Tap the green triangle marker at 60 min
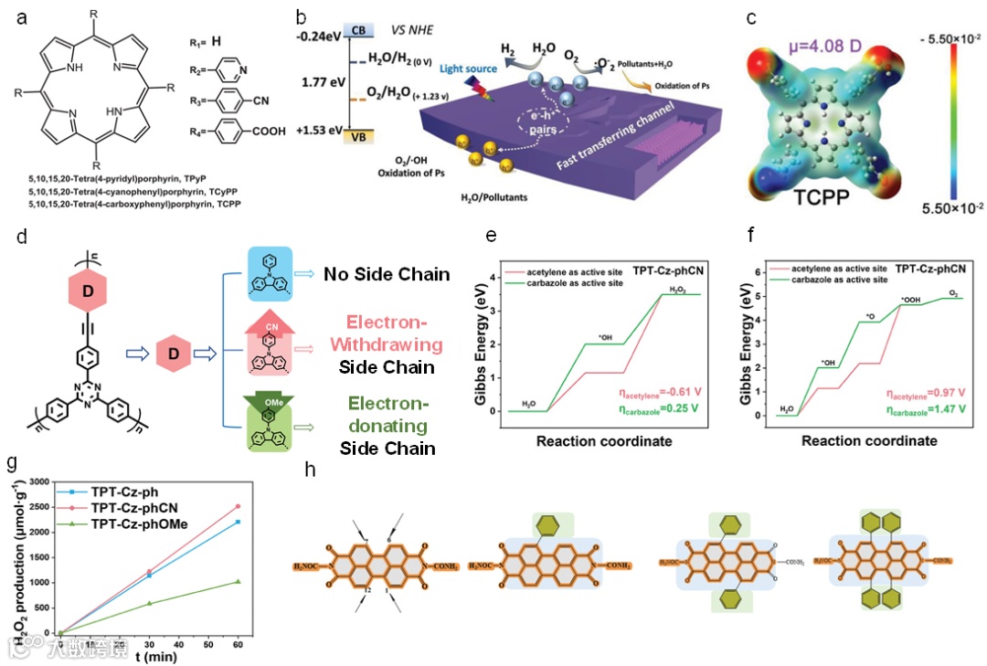239,581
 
